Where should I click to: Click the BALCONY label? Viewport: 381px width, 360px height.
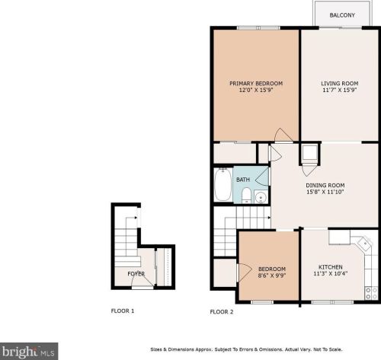coord(342,15)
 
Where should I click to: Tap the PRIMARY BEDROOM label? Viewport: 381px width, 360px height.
coord(256,84)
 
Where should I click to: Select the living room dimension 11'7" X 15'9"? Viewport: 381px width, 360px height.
coord(340,90)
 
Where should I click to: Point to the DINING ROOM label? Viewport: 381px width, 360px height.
coord(325,186)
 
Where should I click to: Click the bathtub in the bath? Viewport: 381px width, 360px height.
coord(223,184)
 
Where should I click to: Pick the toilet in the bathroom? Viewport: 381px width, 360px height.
coord(246,196)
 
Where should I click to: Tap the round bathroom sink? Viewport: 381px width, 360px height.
coord(261,197)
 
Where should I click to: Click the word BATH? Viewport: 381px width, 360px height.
coord(243,180)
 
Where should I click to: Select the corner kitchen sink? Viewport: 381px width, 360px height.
coord(364,244)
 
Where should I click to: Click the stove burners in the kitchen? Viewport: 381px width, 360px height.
coord(371,293)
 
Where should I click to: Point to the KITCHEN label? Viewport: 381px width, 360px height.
coord(331,267)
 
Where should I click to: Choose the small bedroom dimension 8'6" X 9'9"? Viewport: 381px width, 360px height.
coord(272,276)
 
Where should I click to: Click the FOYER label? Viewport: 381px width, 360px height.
coord(136,274)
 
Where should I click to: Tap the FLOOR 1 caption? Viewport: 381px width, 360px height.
coord(123,311)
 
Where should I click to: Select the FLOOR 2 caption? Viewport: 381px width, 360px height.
coord(222,312)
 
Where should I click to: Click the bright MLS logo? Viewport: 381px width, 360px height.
coord(29,352)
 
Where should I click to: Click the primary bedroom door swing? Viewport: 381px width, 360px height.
coord(283,135)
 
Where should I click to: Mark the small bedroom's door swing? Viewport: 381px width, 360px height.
coord(245,272)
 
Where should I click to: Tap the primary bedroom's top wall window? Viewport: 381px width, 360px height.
coord(258,28)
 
